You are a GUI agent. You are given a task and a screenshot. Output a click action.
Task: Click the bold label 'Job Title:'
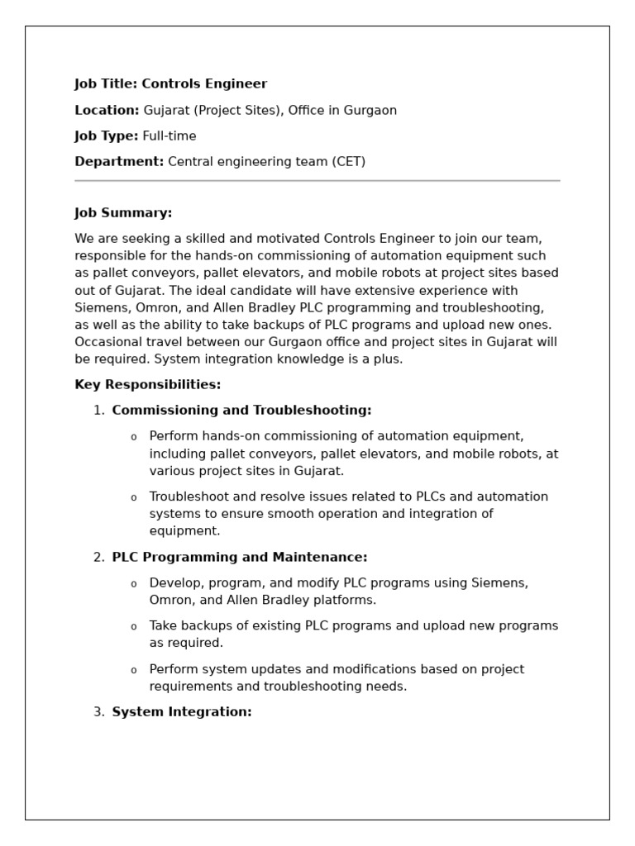[107, 84]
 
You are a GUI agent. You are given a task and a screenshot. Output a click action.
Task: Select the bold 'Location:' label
[107, 111]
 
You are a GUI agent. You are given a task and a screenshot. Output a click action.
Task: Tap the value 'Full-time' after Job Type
[169, 136]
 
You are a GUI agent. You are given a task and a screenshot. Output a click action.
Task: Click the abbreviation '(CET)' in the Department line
[348, 162]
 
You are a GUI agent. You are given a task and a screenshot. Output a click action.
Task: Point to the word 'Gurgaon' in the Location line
[371, 111]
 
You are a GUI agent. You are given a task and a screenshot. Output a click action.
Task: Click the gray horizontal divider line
[317, 180]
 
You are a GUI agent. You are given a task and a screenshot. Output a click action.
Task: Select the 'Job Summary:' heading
[123, 213]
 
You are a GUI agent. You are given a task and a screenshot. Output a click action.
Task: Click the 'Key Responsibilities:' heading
[148, 385]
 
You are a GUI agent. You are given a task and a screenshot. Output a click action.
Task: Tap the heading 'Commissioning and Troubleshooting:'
[241, 411]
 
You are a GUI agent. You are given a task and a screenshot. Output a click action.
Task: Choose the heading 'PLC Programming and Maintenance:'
[240, 558]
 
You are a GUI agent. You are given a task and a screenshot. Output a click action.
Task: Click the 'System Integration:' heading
[182, 712]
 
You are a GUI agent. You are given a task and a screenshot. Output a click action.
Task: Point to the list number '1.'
[99, 411]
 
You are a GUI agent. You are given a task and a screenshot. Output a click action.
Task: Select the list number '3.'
[99, 712]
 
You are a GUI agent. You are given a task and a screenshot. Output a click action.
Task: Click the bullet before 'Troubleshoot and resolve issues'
[134, 498]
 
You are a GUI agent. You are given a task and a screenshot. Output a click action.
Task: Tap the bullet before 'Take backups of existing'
[134, 627]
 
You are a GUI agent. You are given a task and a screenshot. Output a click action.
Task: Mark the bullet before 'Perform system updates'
[134, 670]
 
